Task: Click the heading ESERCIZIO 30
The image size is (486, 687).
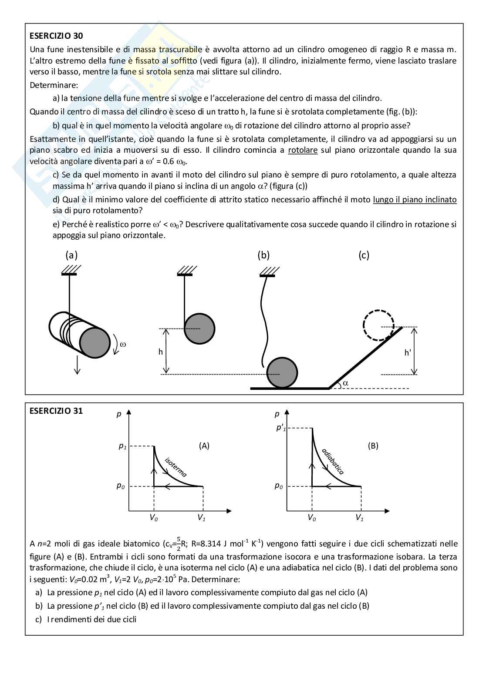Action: point(56,36)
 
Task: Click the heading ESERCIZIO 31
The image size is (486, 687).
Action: point(56,411)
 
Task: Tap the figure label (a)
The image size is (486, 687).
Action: point(71,255)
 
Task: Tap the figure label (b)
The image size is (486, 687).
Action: point(263,255)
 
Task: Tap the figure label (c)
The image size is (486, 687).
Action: point(364,255)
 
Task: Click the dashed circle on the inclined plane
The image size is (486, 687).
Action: point(378,325)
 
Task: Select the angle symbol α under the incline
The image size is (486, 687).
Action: point(346,383)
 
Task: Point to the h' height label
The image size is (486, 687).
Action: point(408,352)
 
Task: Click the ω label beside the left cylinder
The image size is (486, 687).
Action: point(123,344)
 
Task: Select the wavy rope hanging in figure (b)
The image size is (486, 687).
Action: point(262,322)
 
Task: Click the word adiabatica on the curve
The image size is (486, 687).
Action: point(333,461)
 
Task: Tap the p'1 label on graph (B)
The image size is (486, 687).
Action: point(281,428)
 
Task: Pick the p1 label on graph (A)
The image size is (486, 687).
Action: point(122,446)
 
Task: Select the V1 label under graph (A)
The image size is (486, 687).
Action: point(201,518)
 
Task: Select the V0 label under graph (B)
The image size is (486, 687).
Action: point(312,518)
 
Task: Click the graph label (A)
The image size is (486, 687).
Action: point(204,446)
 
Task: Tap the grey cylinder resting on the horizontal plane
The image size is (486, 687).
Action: point(282,373)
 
